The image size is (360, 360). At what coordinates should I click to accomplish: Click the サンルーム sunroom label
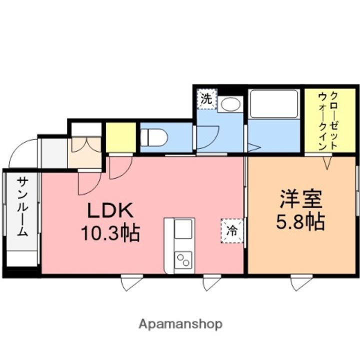click(x=22, y=206)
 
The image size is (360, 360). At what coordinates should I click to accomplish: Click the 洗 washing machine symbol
click(x=206, y=98)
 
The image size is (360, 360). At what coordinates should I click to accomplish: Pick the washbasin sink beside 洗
click(x=229, y=104)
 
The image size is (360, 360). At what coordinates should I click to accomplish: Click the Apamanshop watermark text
click(x=180, y=323)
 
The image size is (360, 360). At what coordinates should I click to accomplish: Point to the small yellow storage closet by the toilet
click(x=120, y=136)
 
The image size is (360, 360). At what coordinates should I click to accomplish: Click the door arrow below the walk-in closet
click(x=327, y=162)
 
